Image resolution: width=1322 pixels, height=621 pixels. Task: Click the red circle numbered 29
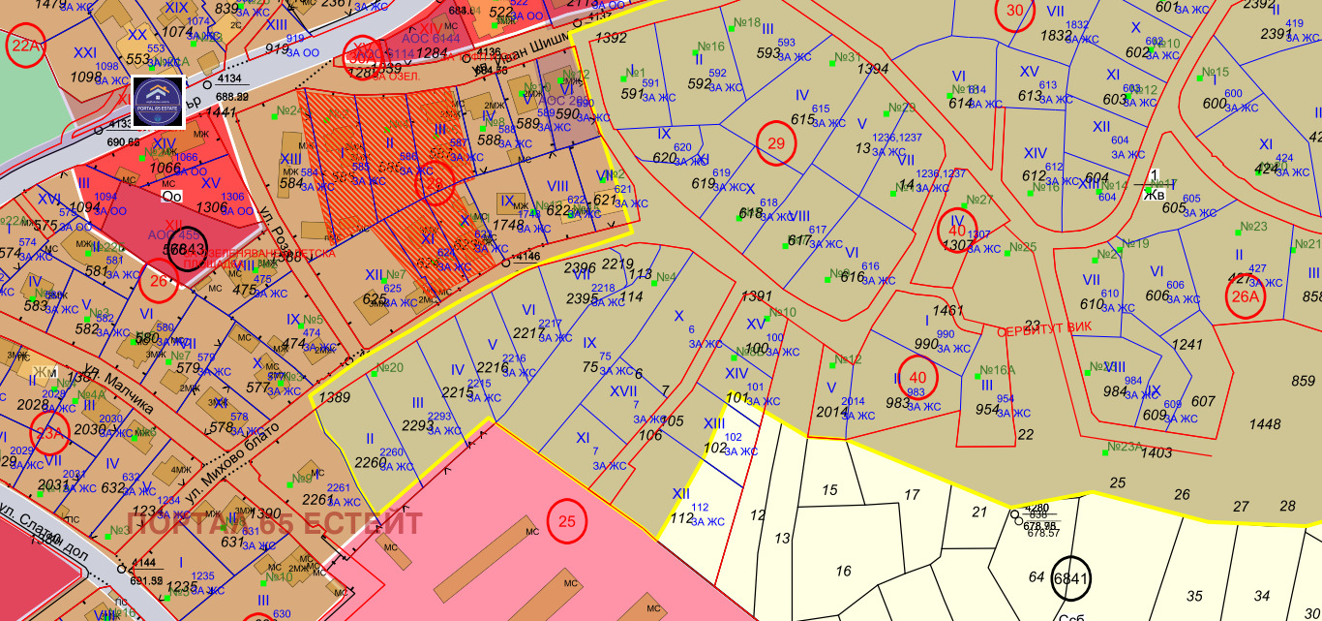(775, 142)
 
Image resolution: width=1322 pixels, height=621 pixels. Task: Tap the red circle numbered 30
(1014, 13)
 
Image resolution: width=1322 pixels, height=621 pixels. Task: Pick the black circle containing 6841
(1071, 577)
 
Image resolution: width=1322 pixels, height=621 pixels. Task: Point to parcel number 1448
(1265, 423)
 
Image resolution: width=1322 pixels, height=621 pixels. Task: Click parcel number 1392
(611, 39)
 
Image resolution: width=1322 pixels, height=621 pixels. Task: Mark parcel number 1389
(334, 397)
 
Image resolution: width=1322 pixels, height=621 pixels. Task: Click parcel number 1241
(1187, 344)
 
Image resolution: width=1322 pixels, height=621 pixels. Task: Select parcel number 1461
(949, 311)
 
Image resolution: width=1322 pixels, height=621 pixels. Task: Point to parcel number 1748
(508, 224)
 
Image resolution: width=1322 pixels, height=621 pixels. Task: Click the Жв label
(1154, 194)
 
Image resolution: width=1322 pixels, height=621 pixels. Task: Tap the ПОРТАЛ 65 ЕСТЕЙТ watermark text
(275, 524)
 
